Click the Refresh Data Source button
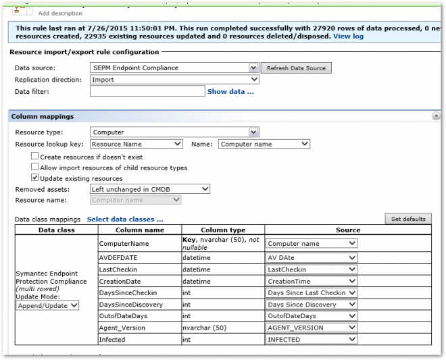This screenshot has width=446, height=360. pyautogui.click(x=297, y=68)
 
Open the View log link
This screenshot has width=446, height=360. pyautogui.click(x=349, y=36)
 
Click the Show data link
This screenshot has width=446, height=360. pyautogui.click(x=230, y=91)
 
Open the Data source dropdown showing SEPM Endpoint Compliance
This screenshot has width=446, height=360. pyautogui.click(x=174, y=68)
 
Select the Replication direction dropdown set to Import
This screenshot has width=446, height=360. pyautogui.click(x=174, y=80)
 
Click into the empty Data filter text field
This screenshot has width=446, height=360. pyautogui.click(x=147, y=91)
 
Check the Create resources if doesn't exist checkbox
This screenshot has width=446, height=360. pyautogui.click(x=35, y=157)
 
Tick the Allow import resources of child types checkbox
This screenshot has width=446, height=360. pyautogui.click(x=35, y=168)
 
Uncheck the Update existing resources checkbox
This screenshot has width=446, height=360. pyautogui.click(x=35, y=178)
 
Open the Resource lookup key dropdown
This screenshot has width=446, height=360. pyautogui.click(x=136, y=144)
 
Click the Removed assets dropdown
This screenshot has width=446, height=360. pyautogui.click(x=150, y=189)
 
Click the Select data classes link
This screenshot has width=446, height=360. pyautogui.click(x=125, y=220)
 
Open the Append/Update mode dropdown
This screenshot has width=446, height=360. pyautogui.click(x=48, y=305)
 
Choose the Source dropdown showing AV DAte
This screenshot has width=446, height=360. pyautogui.click(x=311, y=257)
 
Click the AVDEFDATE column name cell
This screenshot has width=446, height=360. pyautogui.click(x=114, y=257)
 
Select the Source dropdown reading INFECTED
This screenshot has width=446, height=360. pyautogui.click(x=311, y=340)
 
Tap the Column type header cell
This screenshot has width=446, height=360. pyautogui.click(x=223, y=230)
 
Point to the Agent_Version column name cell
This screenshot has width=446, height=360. pyautogui.click(x=122, y=328)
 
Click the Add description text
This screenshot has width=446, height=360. pyautogui.click(x=60, y=14)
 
